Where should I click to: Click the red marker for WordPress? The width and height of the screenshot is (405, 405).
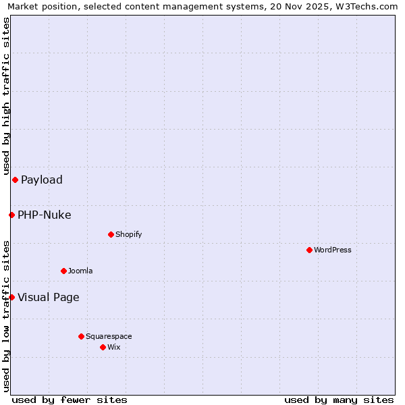click(309, 250)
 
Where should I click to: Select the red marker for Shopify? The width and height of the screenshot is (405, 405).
click(111, 234)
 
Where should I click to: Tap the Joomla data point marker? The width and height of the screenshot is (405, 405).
click(63, 271)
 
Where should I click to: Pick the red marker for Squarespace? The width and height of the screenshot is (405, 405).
click(81, 336)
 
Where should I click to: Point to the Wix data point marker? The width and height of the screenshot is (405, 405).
click(103, 347)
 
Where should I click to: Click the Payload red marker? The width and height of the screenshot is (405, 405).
click(15, 180)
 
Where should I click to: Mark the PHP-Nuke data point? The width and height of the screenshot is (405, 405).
click(11, 215)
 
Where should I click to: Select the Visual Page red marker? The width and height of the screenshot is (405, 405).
click(11, 297)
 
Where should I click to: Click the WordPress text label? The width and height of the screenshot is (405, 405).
click(333, 250)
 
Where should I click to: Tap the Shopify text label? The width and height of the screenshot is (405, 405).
click(128, 234)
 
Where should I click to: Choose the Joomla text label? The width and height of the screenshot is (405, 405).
click(80, 271)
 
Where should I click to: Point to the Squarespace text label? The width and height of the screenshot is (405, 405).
click(109, 336)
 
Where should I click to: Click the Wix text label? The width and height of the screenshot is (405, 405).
click(113, 347)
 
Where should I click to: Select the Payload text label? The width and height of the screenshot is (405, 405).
click(42, 180)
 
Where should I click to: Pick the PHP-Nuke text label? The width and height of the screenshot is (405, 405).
click(45, 215)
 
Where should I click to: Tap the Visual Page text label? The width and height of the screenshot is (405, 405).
click(49, 298)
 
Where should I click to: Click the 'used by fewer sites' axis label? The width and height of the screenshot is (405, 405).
click(70, 400)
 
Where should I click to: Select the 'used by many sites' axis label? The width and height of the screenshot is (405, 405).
click(339, 400)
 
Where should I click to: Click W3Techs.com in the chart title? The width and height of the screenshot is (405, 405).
click(362, 7)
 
